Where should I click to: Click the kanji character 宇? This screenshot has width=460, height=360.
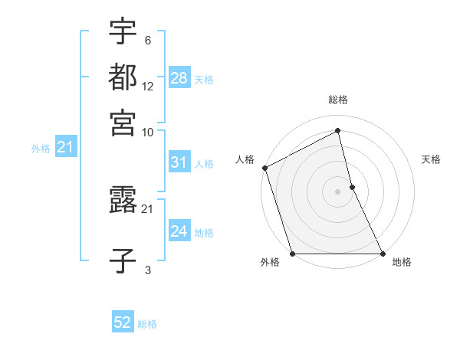click(123, 32)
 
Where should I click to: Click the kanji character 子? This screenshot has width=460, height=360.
click(123, 261)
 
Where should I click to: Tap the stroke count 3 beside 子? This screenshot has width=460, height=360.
click(148, 270)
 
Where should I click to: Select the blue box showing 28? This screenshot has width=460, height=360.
click(179, 77)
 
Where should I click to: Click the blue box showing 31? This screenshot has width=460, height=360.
click(179, 162)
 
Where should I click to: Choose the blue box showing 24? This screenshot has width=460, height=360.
click(179, 231)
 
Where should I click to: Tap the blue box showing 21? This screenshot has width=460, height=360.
click(65, 147)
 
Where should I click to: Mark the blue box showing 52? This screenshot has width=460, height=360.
click(123, 322)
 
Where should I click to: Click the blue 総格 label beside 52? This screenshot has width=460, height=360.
click(147, 324)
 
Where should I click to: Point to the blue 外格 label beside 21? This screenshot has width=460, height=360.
click(40, 149)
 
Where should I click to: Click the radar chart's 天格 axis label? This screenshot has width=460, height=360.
click(431, 159)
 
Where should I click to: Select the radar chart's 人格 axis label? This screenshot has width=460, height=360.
click(245, 159)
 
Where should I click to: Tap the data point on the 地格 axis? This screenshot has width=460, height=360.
click(382, 254)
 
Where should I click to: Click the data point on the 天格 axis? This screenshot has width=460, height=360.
click(352, 187)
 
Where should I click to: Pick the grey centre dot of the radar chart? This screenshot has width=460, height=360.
click(337, 191)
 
